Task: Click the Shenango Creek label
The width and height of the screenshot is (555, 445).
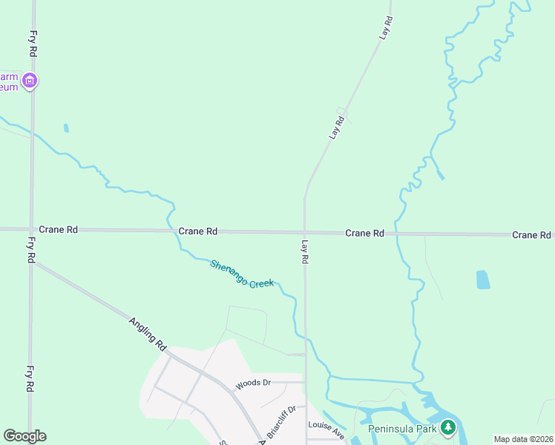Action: [x=242, y=274]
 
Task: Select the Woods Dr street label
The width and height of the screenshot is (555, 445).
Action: [x=253, y=384]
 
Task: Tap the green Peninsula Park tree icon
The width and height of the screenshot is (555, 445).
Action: [x=447, y=427]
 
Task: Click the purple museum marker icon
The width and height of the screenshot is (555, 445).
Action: [x=30, y=80]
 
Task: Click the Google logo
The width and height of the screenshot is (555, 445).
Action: [x=24, y=436]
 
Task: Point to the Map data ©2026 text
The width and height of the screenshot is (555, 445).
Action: [x=523, y=439]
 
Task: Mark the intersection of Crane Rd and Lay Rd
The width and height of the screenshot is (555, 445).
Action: [x=304, y=232]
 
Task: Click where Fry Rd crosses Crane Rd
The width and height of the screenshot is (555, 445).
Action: [x=31, y=229]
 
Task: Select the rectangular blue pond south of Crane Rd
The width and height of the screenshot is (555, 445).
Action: [x=483, y=280]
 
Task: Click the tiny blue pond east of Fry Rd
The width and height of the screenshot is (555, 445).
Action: [x=66, y=128]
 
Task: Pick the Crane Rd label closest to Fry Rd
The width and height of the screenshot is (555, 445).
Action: [x=58, y=230]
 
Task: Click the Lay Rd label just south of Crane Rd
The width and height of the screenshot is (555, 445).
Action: [x=304, y=252]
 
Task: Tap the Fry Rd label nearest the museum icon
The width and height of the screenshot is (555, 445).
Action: [x=32, y=44]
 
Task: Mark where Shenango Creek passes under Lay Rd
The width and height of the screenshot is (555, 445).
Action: [x=305, y=335]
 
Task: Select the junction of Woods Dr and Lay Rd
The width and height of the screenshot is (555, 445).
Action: [x=305, y=383]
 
